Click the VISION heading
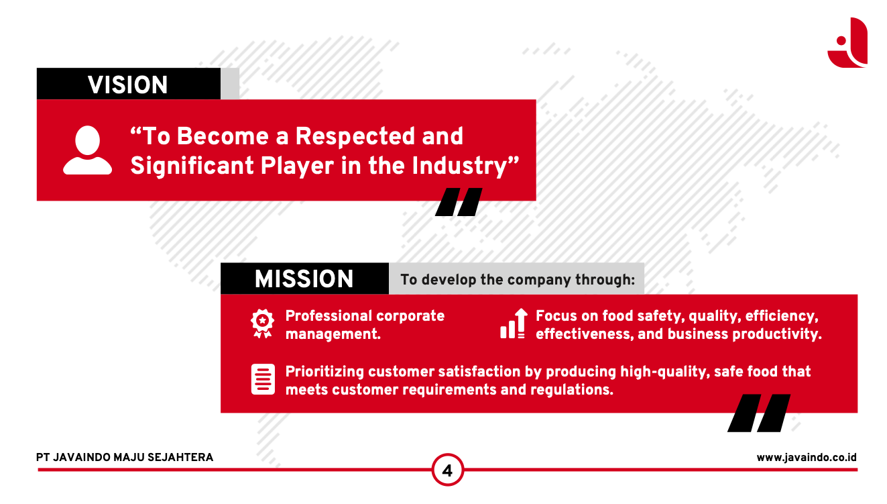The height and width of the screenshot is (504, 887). (x=127, y=85)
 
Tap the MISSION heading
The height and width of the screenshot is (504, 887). (x=304, y=279)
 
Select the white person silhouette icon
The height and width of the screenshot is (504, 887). (x=88, y=150)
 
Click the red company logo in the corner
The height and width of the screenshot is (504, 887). (x=848, y=43)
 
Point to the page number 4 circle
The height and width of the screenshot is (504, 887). (x=447, y=470)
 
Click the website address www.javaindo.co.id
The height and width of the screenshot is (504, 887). (x=807, y=457)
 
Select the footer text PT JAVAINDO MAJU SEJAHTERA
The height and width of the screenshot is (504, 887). (x=125, y=457)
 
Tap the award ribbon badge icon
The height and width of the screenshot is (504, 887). (x=262, y=323)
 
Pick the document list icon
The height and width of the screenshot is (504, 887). (x=263, y=379)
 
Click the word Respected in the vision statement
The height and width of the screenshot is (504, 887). (x=355, y=137)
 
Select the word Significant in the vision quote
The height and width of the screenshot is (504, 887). (x=192, y=166)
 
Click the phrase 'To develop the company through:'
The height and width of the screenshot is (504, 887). (x=518, y=280)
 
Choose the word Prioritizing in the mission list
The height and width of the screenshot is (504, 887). (x=324, y=372)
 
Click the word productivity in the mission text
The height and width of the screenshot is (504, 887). (x=777, y=334)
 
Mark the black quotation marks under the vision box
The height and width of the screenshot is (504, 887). (x=459, y=202)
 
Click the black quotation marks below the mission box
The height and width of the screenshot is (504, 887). (x=759, y=413)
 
